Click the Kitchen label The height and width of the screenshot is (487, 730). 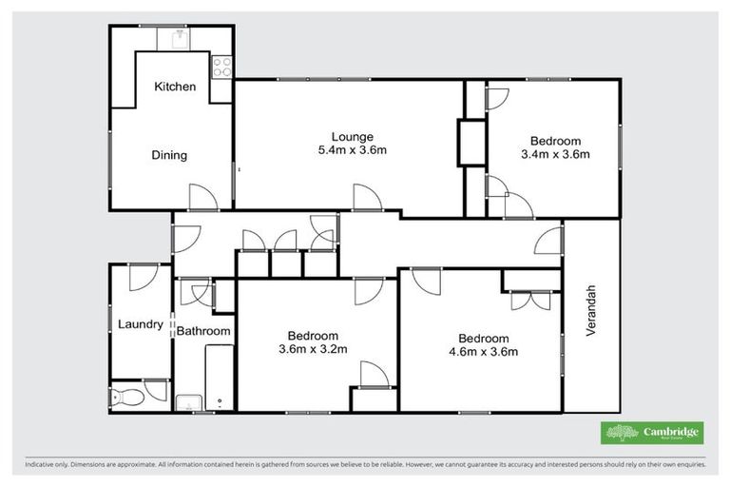[175, 87]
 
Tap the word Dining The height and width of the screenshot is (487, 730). [169, 155]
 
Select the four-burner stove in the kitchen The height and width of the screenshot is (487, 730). [222, 67]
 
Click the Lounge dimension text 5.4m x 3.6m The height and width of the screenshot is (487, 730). [352, 149]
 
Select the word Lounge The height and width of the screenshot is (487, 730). [352, 136]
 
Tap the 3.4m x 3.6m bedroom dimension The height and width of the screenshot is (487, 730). [556, 154]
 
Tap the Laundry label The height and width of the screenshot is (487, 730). [140, 324]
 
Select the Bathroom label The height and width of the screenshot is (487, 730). [203, 331]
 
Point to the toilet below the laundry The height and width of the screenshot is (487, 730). [126, 396]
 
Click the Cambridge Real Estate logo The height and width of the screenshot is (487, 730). [653, 433]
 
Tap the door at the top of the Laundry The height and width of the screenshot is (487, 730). [143, 277]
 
